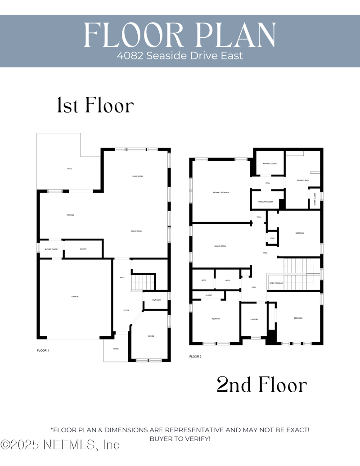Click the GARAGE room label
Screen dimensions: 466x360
tap(75, 297)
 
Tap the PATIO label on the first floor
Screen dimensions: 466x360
tap(70, 169)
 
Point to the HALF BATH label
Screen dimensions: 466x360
tap(156, 300)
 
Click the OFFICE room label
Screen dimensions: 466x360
tap(151, 336)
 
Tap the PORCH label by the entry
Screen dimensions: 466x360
tap(116, 348)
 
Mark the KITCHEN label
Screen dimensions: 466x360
tap(70, 215)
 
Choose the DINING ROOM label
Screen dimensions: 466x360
tap(136, 231)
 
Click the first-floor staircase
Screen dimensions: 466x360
tap(143, 283)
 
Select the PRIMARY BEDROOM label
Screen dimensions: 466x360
tap(221, 192)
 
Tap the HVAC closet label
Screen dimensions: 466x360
tap(272, 238)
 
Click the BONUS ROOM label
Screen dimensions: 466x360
tap(220, 246)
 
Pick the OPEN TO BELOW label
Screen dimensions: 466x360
tap(276, 283)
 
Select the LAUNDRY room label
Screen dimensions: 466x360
tap(254, 319)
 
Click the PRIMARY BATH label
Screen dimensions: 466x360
tap(303, 180)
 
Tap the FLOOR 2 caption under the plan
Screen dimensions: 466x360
tap(195, 356)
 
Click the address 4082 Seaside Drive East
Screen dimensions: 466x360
tap(180, 56)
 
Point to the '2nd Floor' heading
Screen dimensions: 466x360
tap(261, 385)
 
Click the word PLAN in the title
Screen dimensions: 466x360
tap(236, 33)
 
